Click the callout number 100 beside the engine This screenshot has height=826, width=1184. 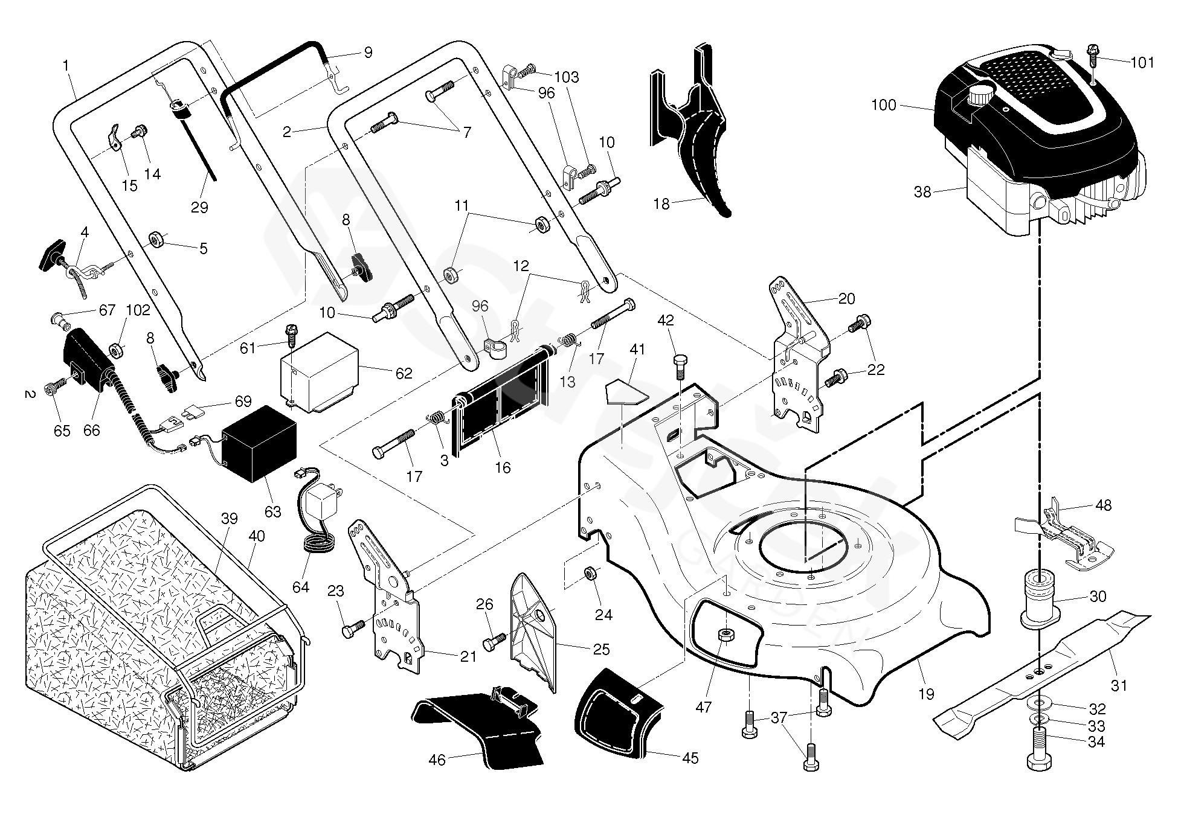tap(901, 105)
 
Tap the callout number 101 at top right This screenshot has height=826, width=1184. tap(1142, 62)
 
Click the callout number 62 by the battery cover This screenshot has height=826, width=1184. tap(404, 373)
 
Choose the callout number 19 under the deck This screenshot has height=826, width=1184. tap(926, 694)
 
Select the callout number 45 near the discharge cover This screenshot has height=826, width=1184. tap(689, 758)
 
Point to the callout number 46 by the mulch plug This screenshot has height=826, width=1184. tap(437, 760)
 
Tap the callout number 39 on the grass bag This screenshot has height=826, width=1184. tap(230, 518)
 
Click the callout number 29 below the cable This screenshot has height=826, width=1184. tap(199, 207)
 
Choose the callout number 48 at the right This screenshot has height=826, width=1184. tap(1103, 505)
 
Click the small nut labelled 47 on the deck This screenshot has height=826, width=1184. tap(723, 635)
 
